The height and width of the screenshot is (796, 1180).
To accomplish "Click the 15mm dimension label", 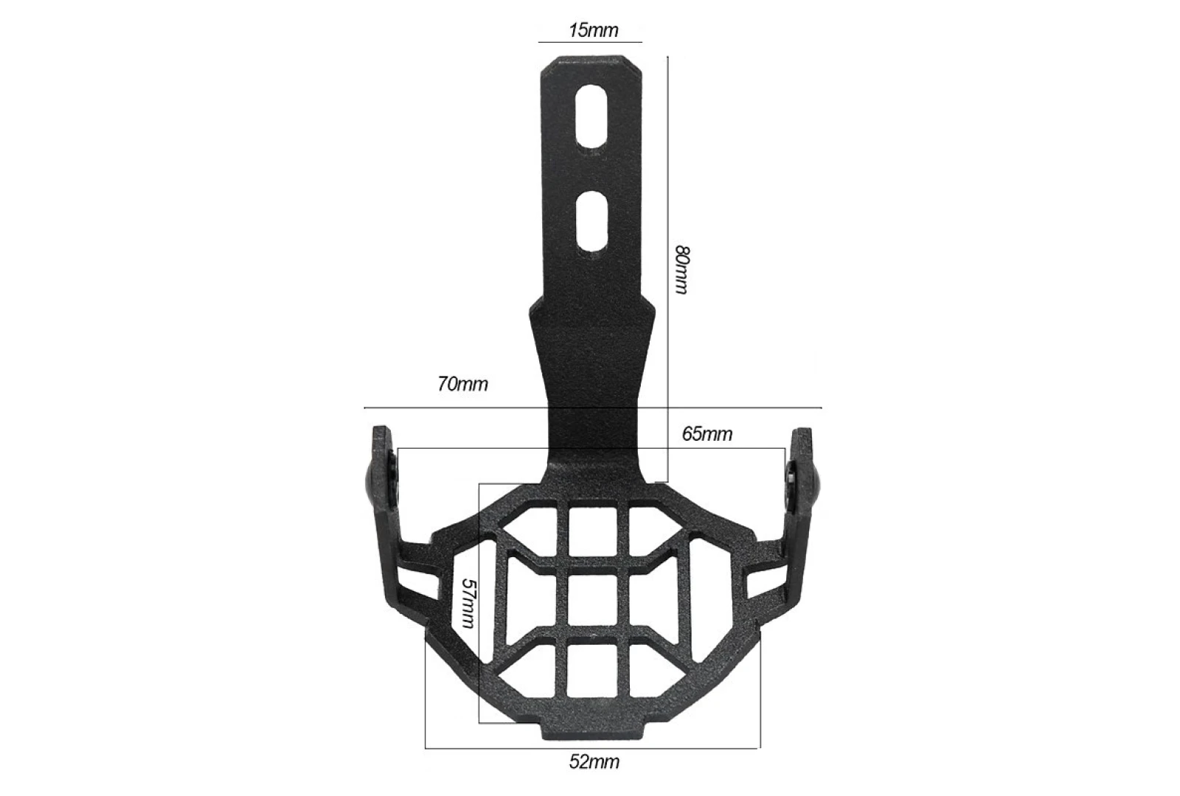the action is [593, 30].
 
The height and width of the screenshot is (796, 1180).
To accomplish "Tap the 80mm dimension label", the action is [681, 270].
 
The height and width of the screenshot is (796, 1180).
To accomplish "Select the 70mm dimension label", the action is [462, 384].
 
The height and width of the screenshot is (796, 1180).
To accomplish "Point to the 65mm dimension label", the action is [707, 434].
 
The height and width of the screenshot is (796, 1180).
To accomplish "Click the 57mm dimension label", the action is [469, 604].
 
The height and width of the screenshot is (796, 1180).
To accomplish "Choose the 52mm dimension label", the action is [594, 762].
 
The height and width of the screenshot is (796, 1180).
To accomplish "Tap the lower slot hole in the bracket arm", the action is [592, 221].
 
